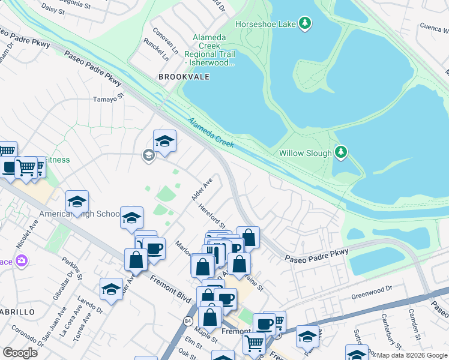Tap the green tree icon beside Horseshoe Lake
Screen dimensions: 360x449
click(x=306, y=23)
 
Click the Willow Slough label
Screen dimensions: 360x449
click(x=305, y=153)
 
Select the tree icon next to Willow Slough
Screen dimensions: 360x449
click(x=341, y=152)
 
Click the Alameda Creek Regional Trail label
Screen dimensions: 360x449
click(x=209, y=50)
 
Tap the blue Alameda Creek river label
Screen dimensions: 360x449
click(x=210, y=133)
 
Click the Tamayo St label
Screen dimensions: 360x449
click(x=109, y=98)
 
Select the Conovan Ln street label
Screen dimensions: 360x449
click(x=166, y=39)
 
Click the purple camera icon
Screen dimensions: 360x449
click(x=22, y=260)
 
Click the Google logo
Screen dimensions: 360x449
click(x=20, y=352)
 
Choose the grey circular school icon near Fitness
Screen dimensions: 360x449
click(x=148, y=156)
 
